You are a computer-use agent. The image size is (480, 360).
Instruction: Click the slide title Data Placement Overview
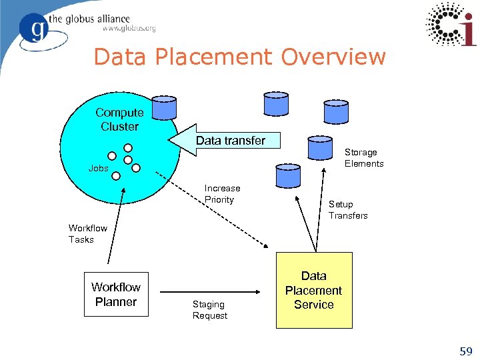pos(239,57)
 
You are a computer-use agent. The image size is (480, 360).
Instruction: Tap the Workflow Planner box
pos(115,295)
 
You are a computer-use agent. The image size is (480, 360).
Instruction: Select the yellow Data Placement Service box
pos(314,290)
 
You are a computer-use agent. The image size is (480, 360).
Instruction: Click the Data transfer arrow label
pos(231,141)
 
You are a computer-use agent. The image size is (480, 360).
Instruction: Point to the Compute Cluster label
pos(119,119)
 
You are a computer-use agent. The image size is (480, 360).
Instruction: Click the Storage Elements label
pos(364,158)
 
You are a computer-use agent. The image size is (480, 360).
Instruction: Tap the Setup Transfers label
pos(348,210)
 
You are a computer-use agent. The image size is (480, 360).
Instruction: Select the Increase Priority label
pos(221,194)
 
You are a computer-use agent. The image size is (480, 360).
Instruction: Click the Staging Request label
pos(210,310)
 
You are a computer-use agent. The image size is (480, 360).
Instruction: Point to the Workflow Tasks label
pos(87,234)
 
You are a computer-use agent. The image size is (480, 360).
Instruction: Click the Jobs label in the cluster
pos(98,169)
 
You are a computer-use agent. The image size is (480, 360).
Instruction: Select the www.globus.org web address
pos(129,28)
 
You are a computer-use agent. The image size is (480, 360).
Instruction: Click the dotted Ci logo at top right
pos(451,24)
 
